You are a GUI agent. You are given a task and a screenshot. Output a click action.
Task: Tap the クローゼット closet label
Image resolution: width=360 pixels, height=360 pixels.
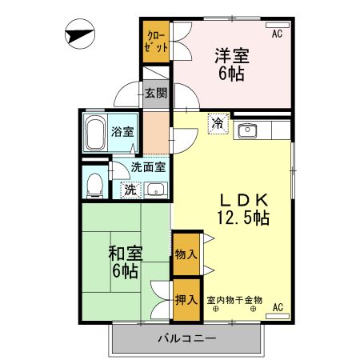click(x=157, y=42)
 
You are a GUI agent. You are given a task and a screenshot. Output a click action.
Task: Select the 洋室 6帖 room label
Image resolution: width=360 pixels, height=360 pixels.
click(x=231, y=64)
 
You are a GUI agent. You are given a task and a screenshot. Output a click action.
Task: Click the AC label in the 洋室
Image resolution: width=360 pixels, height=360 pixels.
click(x=276, y=34)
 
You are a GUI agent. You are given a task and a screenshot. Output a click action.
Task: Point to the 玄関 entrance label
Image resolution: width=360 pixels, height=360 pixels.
click(x=156, y=93)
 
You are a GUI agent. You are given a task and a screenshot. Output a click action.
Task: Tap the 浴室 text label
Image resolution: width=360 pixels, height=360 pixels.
click(x=122, y=132)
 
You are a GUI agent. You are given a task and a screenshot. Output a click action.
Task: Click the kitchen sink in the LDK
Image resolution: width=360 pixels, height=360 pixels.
click(x=247, y=130)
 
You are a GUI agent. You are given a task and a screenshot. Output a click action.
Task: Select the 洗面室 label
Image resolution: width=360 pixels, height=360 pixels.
click(x=147, y=168)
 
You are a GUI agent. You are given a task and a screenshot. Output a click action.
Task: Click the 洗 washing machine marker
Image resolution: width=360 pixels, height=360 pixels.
click(x=129, y=190)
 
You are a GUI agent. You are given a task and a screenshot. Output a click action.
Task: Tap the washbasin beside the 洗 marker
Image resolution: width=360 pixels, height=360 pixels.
click(x=155, y=190)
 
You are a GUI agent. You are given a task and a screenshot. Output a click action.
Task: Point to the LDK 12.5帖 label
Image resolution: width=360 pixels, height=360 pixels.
click(x=243, y=208)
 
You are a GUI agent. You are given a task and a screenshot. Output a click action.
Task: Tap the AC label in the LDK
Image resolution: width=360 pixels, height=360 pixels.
click(x=278, y=307)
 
